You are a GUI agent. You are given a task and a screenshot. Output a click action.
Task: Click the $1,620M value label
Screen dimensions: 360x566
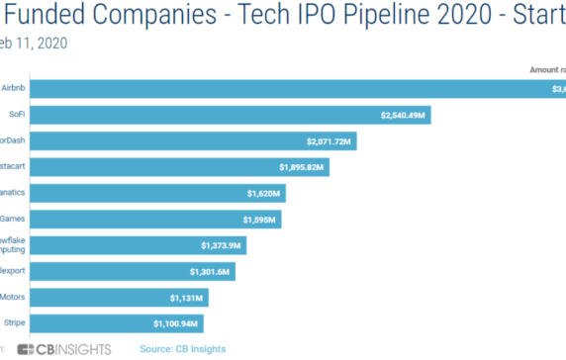(262, 193)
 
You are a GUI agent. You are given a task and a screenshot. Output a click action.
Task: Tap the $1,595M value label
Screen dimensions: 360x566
(259, 219)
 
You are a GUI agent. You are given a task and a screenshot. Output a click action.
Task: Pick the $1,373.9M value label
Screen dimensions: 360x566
(223, 244)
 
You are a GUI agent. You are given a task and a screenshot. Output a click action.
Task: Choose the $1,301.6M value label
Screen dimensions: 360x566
(211, 270)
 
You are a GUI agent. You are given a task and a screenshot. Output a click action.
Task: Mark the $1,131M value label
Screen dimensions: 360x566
(186, 296)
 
